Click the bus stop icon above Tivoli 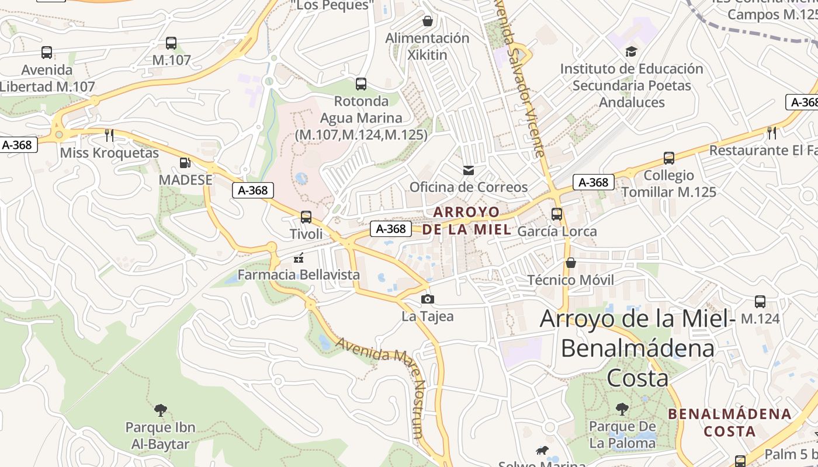pos(306,217)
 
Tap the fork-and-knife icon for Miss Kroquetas pos(109,135)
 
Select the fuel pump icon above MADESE pos(185,163)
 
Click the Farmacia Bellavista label pos(299,274)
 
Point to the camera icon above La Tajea pos(428,299)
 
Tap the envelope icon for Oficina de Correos pos(468,170)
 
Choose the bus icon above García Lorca pos(557,214)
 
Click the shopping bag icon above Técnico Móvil pos(571,263)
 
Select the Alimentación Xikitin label pos(427,47)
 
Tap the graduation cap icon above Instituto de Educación pos(631,52)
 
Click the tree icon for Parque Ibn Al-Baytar pos(161,410)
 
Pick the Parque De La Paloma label pos(622,435)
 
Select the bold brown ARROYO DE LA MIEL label pos(467,220)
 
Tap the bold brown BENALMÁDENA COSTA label pos(730,423)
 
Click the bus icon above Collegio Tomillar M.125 pos(669,158)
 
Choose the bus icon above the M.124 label pos(760,302)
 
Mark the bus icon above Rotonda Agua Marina pos(361,83)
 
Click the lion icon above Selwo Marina pos(543,450)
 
